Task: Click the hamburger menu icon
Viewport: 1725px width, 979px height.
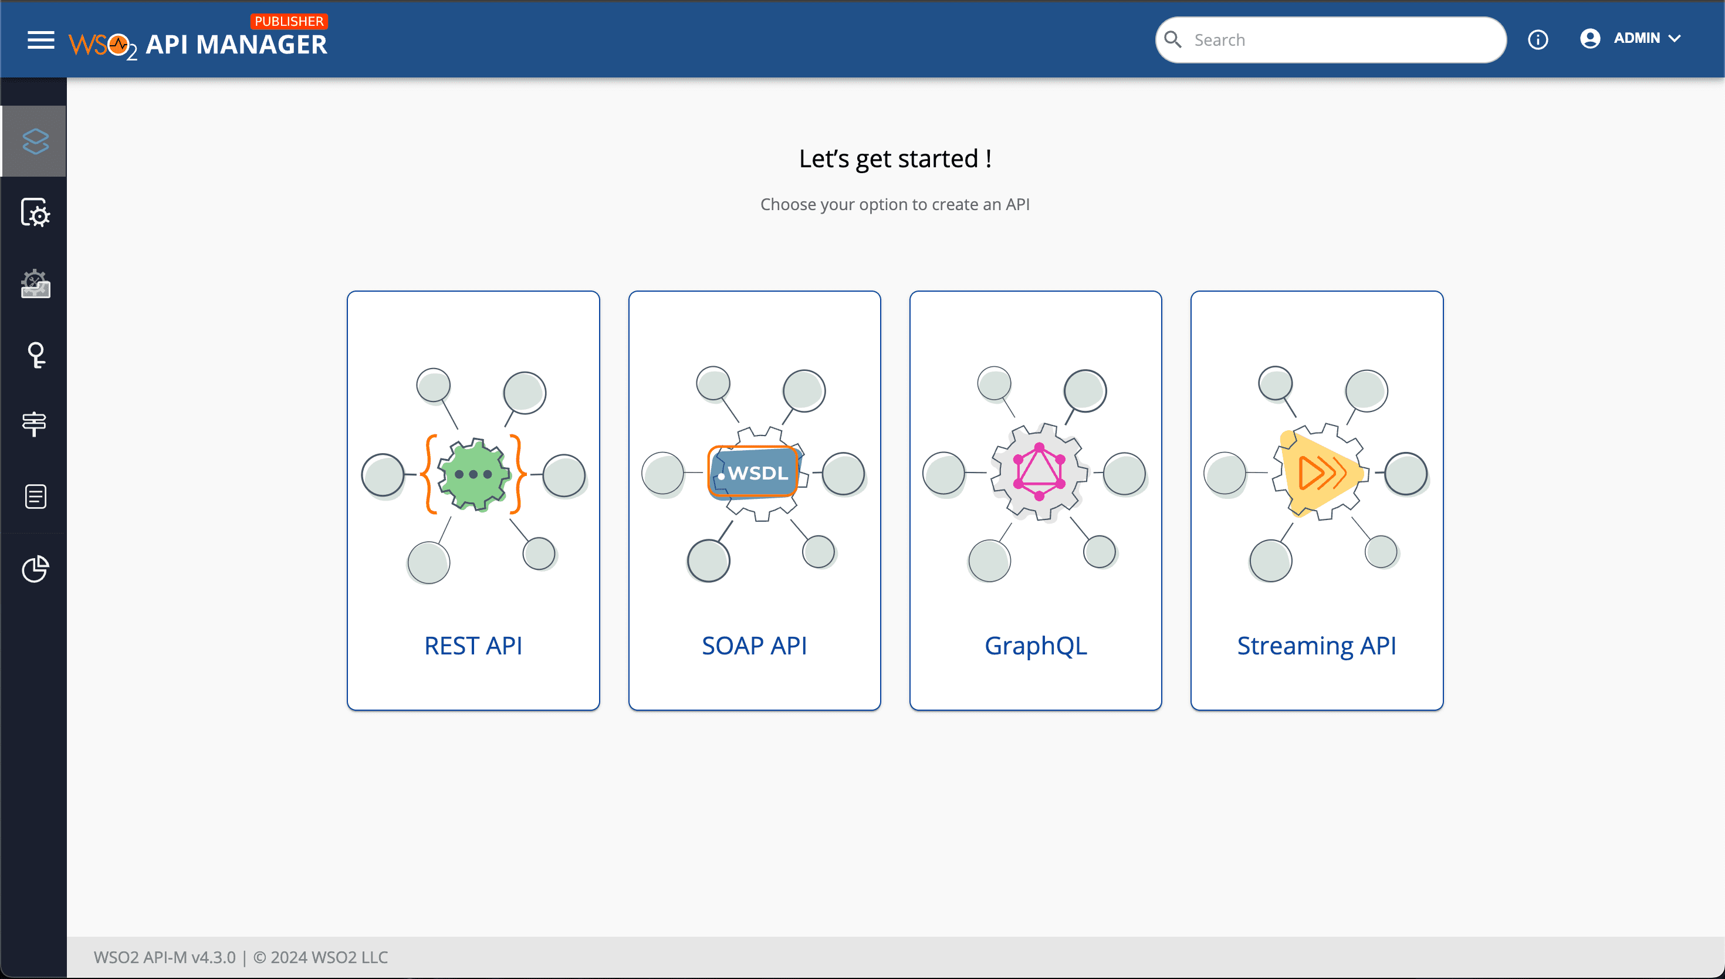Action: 40,40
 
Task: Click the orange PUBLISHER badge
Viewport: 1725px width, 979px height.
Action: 289,21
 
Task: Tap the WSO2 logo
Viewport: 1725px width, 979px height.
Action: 102,46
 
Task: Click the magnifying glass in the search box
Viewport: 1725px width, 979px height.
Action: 1173,40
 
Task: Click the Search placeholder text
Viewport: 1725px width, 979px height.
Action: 1220,40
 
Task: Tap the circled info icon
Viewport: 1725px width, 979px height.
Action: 1537,40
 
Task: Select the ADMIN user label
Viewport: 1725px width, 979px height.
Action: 1636,38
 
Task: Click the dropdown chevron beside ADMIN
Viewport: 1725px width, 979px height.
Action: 1675,39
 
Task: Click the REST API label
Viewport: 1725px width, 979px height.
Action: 473,646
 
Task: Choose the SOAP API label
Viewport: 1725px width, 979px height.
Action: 754,646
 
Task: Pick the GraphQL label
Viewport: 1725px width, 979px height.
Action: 1036,646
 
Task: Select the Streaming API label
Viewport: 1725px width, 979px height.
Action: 1317,646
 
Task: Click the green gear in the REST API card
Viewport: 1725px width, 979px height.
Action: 473,474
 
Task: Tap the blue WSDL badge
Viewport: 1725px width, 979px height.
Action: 754,472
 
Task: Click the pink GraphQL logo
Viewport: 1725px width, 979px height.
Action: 1039,471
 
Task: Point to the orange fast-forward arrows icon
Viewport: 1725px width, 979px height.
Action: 1321,472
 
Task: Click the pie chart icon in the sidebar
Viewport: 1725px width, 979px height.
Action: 35,569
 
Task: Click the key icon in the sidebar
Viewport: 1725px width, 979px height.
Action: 36,355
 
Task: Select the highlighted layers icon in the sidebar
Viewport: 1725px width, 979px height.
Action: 35,141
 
